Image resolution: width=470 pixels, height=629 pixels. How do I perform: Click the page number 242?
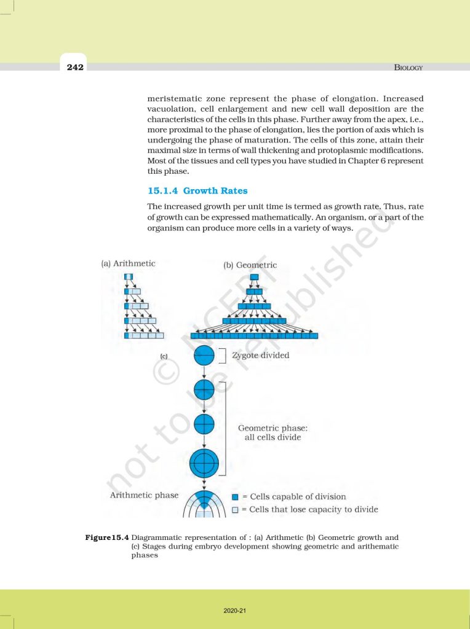pos(76,67)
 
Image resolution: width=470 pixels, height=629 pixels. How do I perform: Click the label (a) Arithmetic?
pos(128,264)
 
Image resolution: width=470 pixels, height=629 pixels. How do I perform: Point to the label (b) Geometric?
pos(250,265)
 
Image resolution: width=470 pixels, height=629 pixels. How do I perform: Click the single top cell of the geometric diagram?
pos(254,277)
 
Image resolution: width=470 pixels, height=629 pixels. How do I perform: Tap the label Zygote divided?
pos(261,355)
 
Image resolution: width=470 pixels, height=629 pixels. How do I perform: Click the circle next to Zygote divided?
pos(204,356)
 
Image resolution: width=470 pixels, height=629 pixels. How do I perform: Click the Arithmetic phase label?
pos(144,495)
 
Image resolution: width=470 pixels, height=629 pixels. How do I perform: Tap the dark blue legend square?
pos(235,497)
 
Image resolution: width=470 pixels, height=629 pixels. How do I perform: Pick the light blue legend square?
pos(235,510)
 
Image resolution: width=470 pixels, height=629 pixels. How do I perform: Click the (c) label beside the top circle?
pos(164,356)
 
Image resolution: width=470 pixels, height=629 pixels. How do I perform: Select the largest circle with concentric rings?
pos(204,463)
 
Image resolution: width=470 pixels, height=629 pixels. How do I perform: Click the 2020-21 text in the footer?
pos(235,611)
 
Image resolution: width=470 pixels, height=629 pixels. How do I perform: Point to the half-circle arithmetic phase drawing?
pos(204,505)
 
